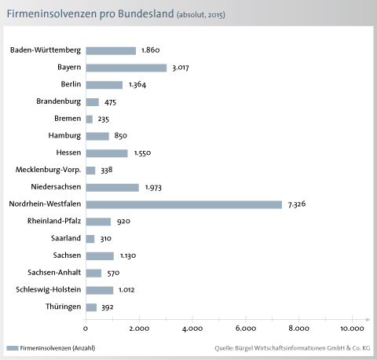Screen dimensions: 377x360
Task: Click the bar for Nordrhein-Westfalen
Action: (x=184, y=204)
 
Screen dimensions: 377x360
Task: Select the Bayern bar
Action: (x=126, y=68)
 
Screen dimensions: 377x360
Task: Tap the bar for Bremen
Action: (x=89, y=119)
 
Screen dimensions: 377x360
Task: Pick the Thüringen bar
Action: (x=91, y=307)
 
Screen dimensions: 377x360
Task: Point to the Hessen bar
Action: (x=107, y=153)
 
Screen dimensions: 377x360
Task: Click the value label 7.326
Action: (x=297, y=204)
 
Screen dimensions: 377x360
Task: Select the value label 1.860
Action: (x=150, y=50)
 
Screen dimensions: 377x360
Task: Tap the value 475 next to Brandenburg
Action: (x=110, y=102)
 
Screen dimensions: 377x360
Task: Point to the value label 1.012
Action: (x=126, y=290)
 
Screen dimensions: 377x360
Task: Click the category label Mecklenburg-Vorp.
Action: (x=48, y=170)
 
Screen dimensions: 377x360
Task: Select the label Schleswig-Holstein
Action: (x=49, y=289)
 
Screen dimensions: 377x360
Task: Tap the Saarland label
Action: (x=66, y=238)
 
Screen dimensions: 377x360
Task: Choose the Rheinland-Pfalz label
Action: (x=54, y=221)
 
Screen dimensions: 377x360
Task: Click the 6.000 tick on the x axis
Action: (x=246, y=329)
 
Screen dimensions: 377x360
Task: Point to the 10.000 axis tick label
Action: (x=352, y=329)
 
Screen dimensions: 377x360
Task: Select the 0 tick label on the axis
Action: (x=86, y=329)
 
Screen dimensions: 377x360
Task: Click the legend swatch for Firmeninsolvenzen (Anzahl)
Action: (x=13, y=348)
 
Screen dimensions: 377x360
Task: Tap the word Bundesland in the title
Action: (x=146, y=13)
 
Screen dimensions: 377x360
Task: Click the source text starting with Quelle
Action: (x=292, y=348)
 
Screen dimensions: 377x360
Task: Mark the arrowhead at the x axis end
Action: (x=368, y=320)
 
